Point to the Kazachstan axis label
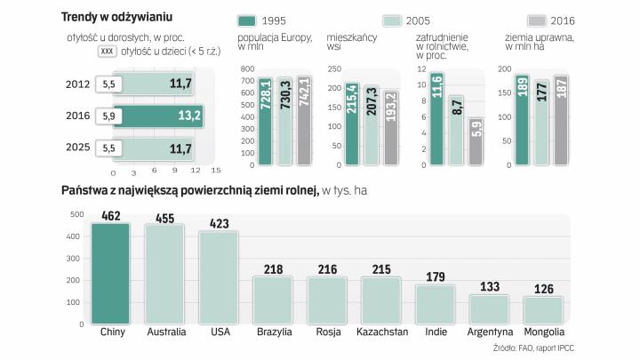pos(381,332)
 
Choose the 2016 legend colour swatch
pos(540,20)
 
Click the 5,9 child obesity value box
pos(109,116)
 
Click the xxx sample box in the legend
pos(109,52)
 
